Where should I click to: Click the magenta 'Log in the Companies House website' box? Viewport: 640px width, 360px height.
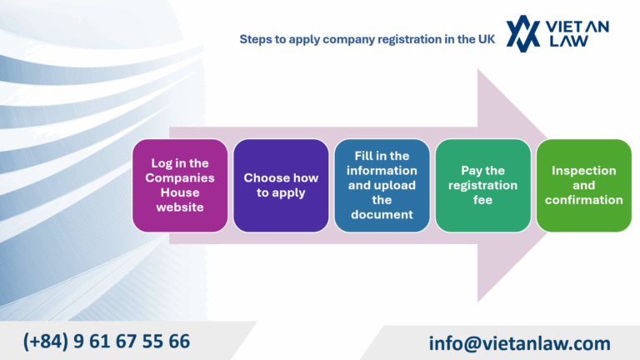point(180,185)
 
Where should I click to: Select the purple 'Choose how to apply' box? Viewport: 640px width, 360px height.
point(281,185)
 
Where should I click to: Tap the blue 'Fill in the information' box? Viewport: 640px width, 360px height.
point(382,185)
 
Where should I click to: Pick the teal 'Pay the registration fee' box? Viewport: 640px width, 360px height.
point(482,185)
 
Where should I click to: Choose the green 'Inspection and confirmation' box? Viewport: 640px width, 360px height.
point(583,185)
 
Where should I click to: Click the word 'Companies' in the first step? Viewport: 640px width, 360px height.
point(180,177)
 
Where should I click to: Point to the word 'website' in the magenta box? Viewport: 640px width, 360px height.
point(180,207)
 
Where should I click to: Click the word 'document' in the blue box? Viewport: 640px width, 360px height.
point(382,214)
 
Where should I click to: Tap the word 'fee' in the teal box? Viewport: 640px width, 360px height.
point(482,200)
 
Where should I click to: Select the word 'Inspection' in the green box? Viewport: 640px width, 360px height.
point(583,170)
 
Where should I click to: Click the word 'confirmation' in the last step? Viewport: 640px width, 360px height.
point(583,200)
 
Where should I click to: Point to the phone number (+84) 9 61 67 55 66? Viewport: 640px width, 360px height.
point(107,341)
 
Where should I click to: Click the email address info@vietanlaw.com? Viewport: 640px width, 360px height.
point(520,342)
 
